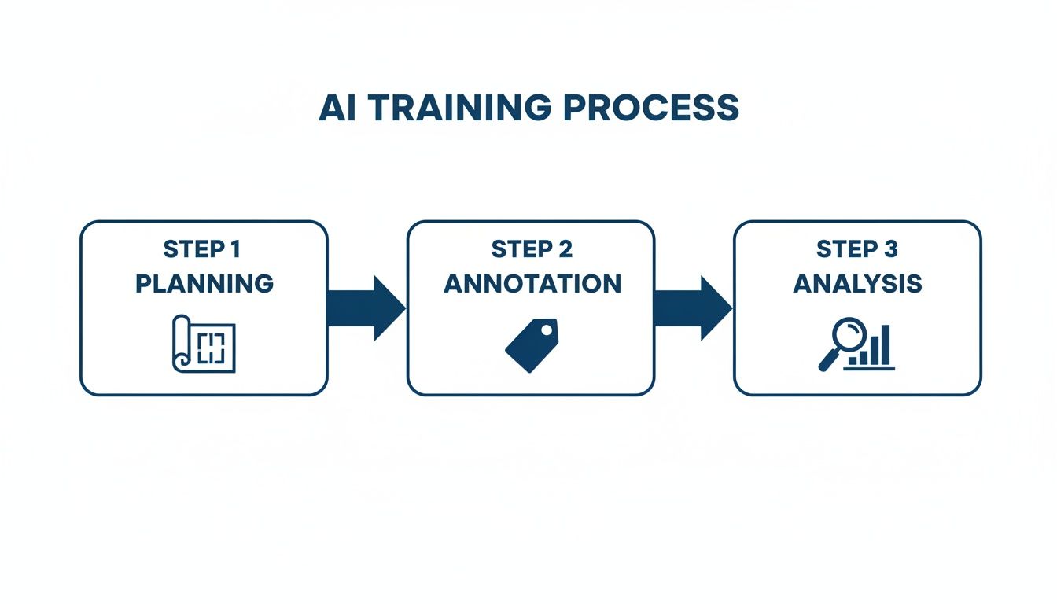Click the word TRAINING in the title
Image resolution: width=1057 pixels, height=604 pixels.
[x=457, y=109]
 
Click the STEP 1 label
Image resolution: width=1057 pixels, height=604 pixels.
[x=203, y=249]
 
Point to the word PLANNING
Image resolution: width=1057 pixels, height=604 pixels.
[x=204, y=283]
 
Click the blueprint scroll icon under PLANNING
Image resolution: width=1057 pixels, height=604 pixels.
[x=204, y=342]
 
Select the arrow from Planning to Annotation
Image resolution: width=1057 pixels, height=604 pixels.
[x=366, y=308]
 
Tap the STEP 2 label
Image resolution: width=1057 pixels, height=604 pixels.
[x=531, y=249]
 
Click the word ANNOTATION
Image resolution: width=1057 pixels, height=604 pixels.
[x=532, y=283]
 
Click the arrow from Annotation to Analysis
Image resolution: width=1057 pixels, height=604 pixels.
[x=693, y=308]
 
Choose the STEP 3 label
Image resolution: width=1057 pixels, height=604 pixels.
[x=856, y=249]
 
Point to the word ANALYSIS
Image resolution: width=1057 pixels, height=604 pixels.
[x=857, y=283]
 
